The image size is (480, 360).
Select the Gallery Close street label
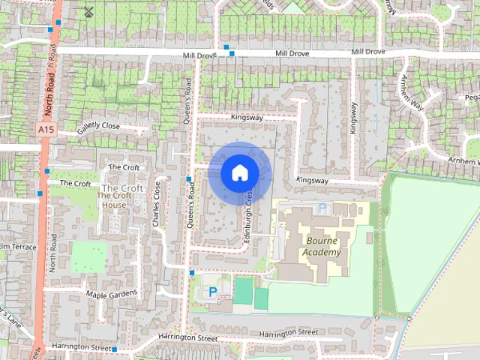98,129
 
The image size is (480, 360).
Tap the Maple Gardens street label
112,293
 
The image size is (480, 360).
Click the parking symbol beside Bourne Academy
322,208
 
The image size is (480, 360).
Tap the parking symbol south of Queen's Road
212,291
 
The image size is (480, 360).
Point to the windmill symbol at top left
88,11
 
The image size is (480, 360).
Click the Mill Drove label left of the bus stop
199,55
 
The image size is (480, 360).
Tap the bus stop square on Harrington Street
115,349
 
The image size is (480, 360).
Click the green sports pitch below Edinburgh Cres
243,291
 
